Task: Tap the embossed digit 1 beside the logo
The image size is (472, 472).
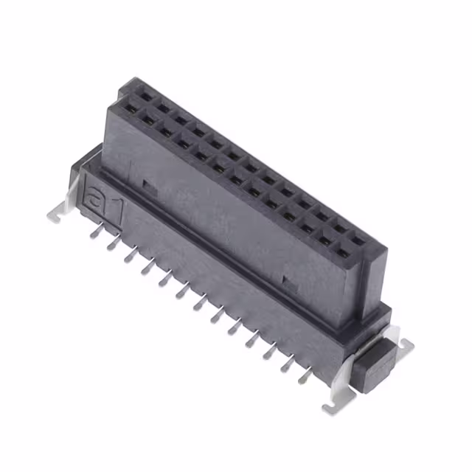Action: point(117,212)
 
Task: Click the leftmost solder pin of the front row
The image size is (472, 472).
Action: point(97,231)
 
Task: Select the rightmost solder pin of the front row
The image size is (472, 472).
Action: point(305,376)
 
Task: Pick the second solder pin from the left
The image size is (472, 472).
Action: point(113,243)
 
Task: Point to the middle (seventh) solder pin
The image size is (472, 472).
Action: point(200,302)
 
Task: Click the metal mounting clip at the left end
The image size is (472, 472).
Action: point(61,205)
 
